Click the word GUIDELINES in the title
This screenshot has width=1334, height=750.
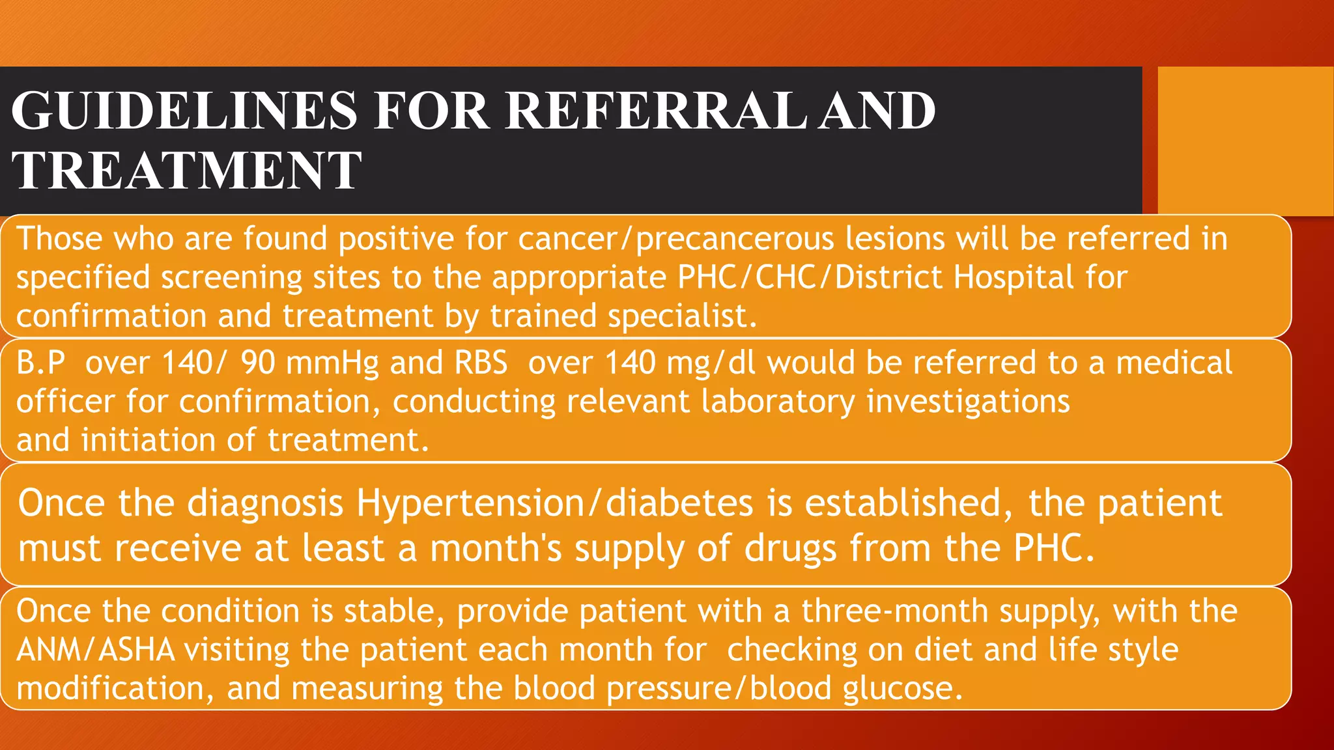click(x=184, y=111)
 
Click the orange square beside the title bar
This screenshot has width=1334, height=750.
click(x=1245, y=141)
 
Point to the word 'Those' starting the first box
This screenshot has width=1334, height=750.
click(x=59, y=238)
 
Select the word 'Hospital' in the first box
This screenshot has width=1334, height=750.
click(x=1014, y=277)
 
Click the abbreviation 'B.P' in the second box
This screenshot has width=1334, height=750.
click(x=41, y=363)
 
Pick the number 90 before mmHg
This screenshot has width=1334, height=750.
click(x=258, y=363)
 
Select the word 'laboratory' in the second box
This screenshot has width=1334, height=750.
click(x=778, y=402)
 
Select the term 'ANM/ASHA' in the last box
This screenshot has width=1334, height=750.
click(x=95, y=650)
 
